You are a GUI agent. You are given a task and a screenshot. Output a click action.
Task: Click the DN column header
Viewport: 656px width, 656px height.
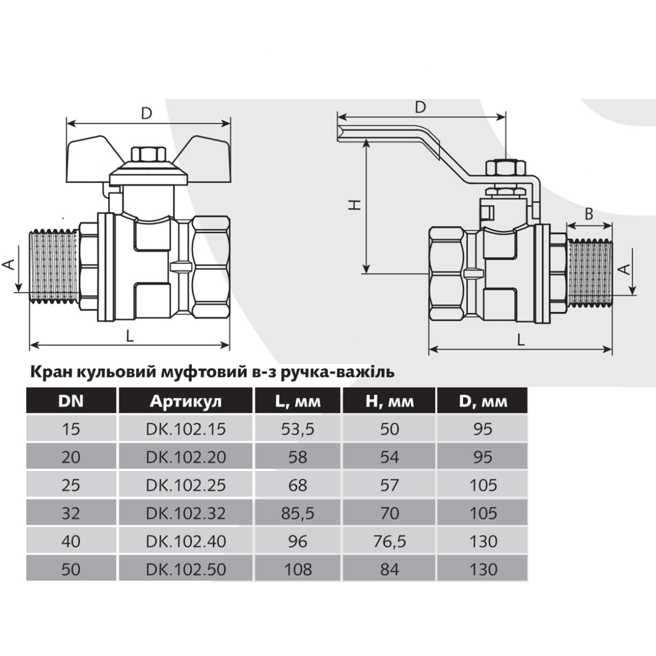pos(71,401)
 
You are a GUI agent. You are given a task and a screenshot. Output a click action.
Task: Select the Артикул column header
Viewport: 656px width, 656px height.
pos(185,401)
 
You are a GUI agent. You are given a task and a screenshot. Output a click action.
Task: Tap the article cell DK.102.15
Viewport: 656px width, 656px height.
pos(186,429)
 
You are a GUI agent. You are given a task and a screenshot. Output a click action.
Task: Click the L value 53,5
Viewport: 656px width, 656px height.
pos(298,429)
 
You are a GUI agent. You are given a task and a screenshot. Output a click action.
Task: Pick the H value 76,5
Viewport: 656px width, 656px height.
pos(390,542)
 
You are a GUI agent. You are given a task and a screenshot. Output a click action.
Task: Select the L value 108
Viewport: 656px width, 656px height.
pos(298,570)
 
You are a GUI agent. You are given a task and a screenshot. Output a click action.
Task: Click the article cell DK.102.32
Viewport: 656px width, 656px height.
pos(186,513)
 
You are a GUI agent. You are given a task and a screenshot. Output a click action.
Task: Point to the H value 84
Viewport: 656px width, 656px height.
pos(390,570)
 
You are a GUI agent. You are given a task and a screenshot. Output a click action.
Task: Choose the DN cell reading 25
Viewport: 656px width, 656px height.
pos(71,485)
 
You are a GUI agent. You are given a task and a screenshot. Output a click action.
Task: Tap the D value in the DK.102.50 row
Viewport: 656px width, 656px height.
pos(483,570)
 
